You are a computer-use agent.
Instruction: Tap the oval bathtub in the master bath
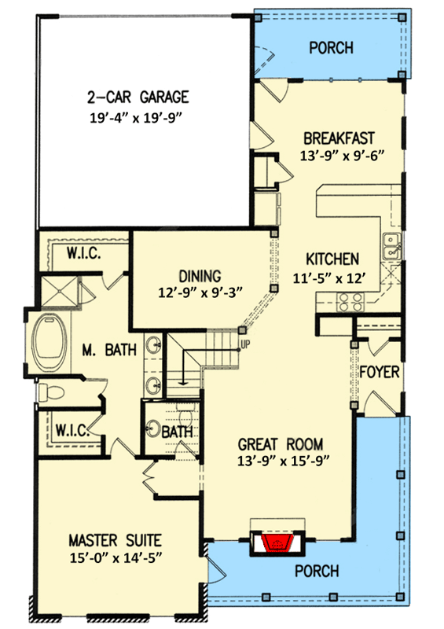50,345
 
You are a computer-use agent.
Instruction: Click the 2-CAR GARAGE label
138,98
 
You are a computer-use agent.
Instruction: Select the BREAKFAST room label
336,135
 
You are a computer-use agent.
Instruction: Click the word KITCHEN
332,259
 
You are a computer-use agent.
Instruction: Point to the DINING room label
200,276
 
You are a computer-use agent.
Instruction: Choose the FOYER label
380,371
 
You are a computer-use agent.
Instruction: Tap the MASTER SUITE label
115,540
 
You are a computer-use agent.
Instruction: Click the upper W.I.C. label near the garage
83,254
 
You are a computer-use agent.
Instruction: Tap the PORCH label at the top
330,48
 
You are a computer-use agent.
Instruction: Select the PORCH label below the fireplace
318,571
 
